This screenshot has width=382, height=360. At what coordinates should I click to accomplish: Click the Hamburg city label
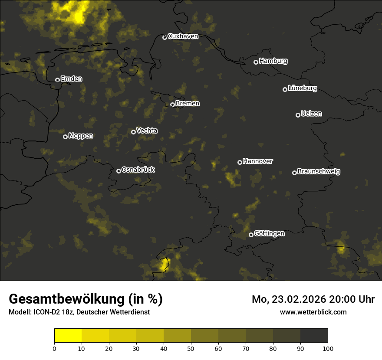273,61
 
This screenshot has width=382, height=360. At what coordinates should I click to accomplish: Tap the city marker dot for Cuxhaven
165,37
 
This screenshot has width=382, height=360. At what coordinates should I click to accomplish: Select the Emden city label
71,79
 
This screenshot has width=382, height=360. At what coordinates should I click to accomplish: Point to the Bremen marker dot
172,105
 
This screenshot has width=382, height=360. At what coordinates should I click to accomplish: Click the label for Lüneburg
302,88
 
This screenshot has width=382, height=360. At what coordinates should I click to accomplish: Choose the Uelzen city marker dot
298,115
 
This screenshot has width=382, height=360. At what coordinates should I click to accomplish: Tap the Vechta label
147,131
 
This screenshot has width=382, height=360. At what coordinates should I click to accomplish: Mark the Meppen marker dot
65,137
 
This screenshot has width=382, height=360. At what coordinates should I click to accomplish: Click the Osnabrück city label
138,170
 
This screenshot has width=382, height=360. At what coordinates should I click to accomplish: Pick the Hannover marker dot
240,162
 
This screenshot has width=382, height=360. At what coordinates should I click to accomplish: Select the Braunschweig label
319,172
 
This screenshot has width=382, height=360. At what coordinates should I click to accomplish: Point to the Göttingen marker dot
251,235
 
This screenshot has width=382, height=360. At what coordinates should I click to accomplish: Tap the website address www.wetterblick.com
313,312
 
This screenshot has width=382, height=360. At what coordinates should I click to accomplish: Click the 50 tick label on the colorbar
191,348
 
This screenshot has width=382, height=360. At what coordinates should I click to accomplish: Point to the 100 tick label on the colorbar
328,348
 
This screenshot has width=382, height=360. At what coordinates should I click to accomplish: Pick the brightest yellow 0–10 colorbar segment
68,335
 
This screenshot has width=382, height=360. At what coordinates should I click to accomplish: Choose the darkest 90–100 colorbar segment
314,335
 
